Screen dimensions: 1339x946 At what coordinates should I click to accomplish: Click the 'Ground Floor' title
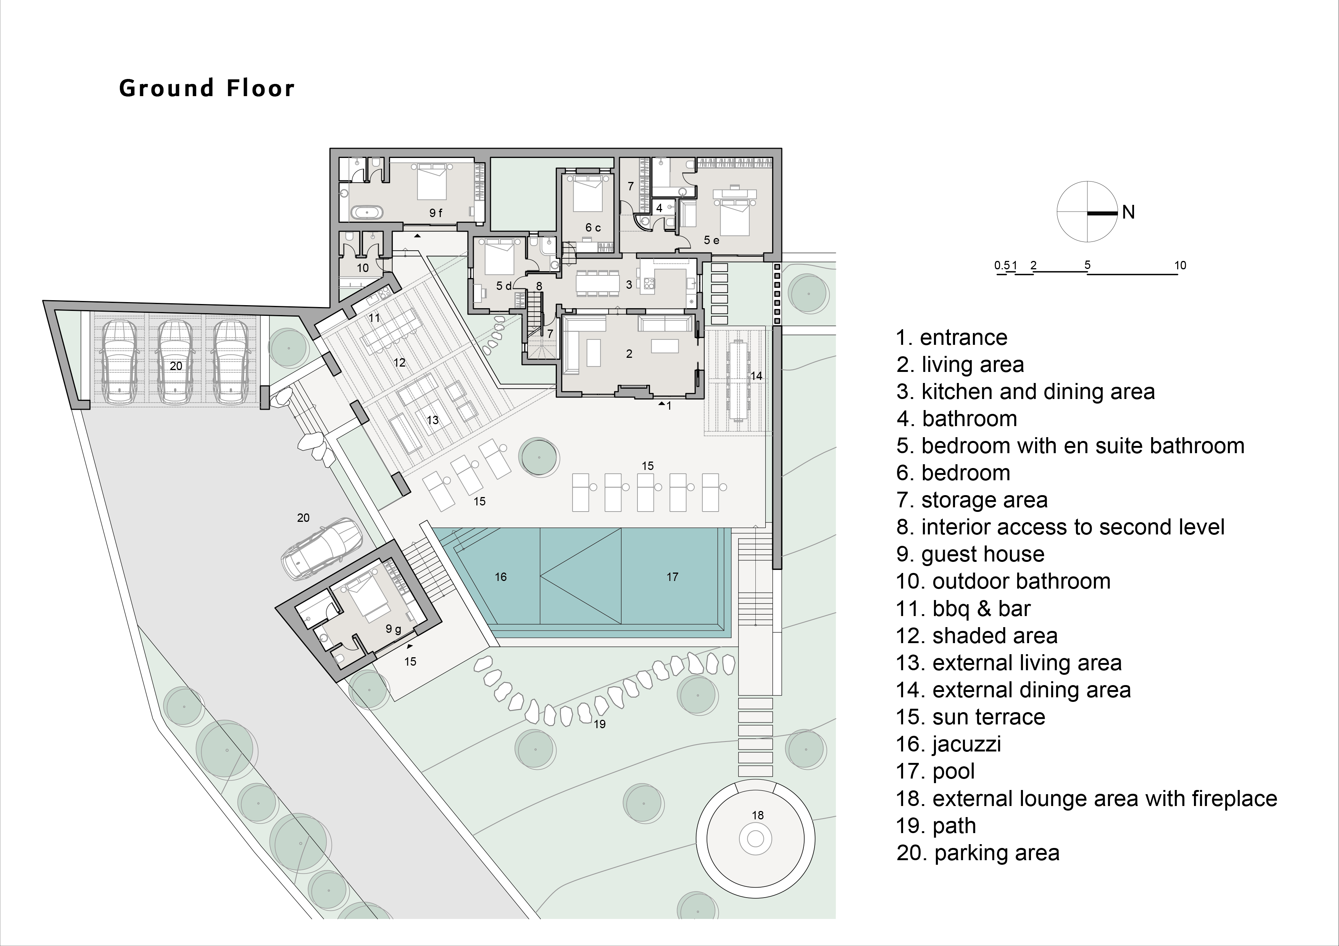pyautogui.click(x=206, y=88)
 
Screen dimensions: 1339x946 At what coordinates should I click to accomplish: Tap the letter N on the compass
pyautogui.click(x=1128, y=212)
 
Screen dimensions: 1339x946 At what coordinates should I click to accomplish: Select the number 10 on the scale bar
pyautogui.click(x=1180, y=265)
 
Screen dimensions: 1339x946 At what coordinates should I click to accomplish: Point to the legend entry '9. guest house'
pyautogui.click(x=970, y=554)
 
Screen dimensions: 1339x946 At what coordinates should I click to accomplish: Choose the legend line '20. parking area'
pyautogui.click(x=978, y=853)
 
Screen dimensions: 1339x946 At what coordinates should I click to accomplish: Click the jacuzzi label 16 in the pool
pyautogui.click(x=500, y=577)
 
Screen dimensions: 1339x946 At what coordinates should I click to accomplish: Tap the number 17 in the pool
pyautogui.click(x=673, y=577)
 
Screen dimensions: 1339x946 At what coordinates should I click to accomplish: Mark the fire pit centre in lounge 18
pyautogui.click(x=755, y=839)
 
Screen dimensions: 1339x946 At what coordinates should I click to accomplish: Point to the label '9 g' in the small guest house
pyautogui.click(x=394, y=629)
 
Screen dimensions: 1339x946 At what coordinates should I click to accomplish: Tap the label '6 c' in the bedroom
pyautogui.click(x=593, y=228)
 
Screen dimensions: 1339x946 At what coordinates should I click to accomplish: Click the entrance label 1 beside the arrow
pyautogui.click(x=669, y=406)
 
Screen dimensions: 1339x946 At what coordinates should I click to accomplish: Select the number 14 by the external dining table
pyautogui.click(x=757, y=376)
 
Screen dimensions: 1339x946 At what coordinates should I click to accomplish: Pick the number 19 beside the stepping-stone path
pyautogui.click(x=600, y=724)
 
